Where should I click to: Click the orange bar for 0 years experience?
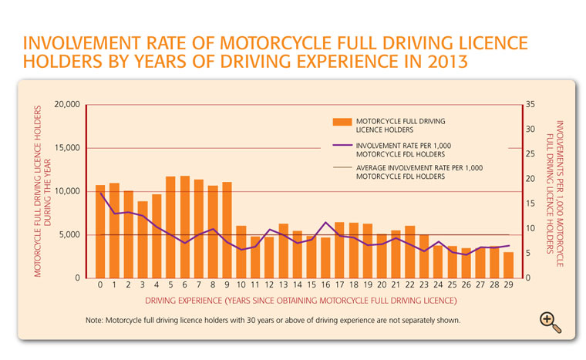tap(100, 231)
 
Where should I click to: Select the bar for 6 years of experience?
tap(184, 227)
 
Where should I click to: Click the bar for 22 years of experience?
tap(409, 251)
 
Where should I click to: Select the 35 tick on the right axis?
tap(528, 104)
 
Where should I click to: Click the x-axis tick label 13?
tap(283, 284)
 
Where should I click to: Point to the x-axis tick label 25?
tap(452, 284)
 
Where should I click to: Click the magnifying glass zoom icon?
tap(549, 322)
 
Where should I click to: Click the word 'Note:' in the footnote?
tap(95, 319)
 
